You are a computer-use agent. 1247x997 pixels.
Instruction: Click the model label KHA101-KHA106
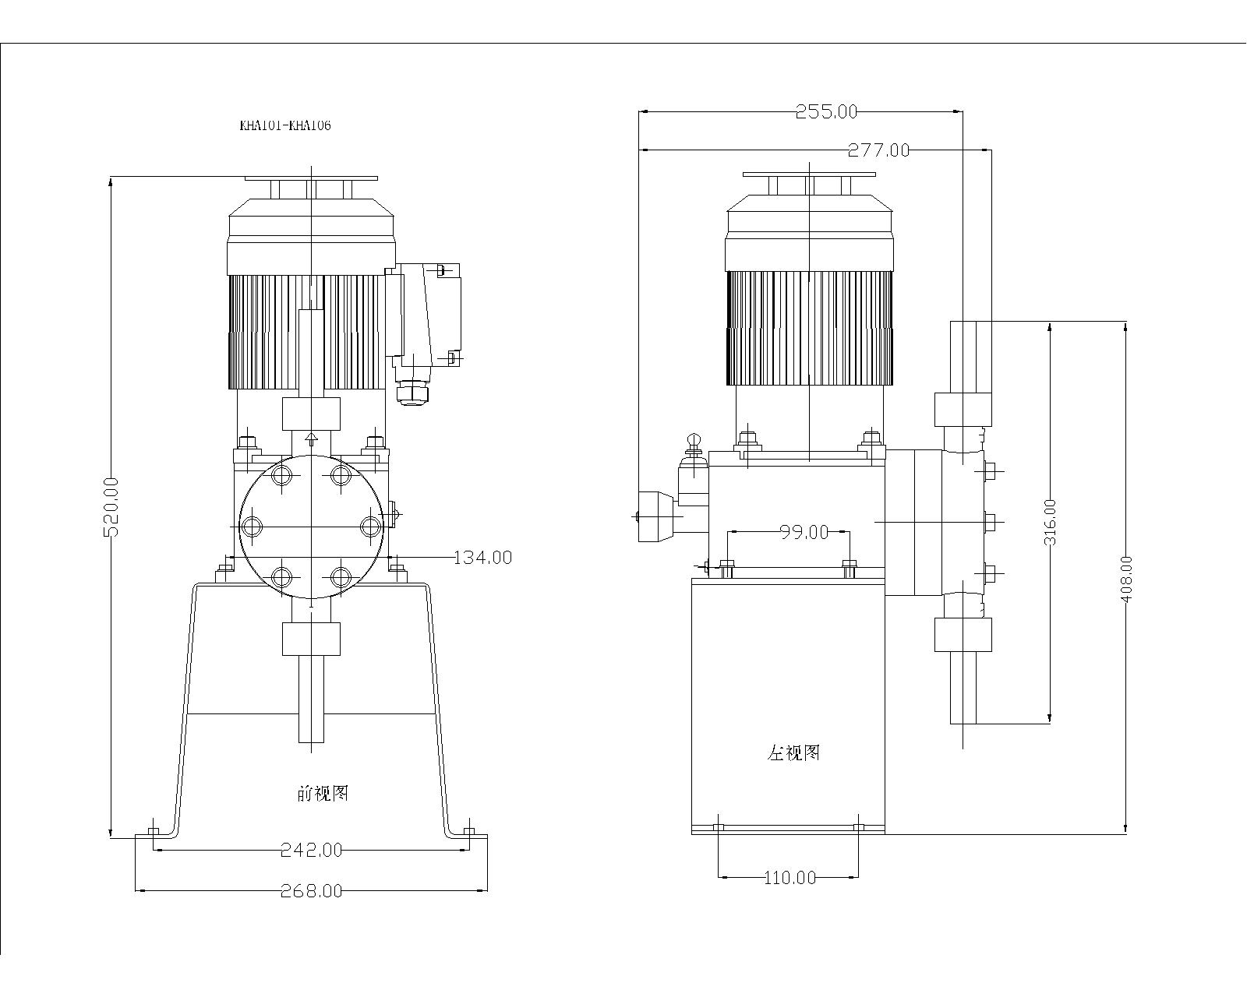click(284, 125)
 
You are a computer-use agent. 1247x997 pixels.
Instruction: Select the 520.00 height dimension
click(111, 507)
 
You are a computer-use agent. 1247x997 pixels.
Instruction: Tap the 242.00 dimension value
click(311, 850)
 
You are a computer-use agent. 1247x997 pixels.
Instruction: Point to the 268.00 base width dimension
click(311, 890)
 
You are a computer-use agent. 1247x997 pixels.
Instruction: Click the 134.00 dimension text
click(483, 557)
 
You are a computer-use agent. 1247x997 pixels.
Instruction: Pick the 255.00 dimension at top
click(826, 111)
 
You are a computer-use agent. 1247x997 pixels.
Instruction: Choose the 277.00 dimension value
click(878, 150)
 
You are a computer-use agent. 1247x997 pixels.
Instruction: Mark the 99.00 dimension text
click(804, 532)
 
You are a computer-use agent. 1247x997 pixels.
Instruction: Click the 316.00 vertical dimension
click(1050, 522)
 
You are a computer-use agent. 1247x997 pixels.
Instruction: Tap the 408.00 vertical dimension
click(1126, 578)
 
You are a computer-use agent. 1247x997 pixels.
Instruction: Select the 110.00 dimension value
click(790, 878)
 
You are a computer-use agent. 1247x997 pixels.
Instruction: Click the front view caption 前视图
click(323, 794)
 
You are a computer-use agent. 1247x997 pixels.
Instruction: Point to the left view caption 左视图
click(794, 752)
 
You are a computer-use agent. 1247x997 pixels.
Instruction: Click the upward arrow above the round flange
click(311, 438)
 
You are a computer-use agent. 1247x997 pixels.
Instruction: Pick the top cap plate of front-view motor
click(311, 178)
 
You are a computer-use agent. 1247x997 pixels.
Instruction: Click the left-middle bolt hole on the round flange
click(252, 527)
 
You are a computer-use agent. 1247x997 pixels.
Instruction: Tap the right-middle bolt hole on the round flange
click(370, 527)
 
